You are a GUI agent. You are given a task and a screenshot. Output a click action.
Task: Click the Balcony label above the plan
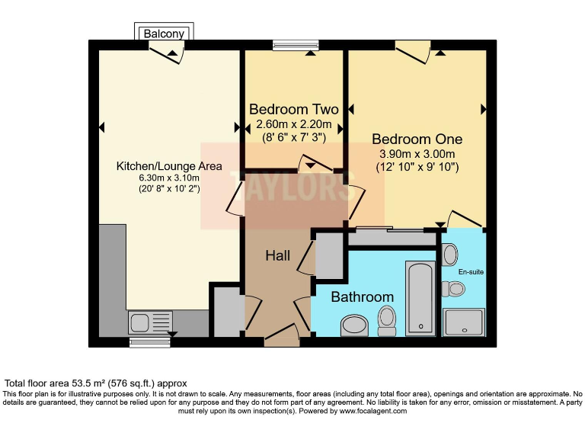pyautogui.click(x=164, y=34)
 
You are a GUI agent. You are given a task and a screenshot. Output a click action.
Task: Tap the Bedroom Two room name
pyautogui.click(x=293, y=109)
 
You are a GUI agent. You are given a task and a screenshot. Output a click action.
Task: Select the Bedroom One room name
pyautogui.click(x=417, y=139)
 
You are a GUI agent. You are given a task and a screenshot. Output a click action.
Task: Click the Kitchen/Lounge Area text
pyautogui.click(x=168, y=166)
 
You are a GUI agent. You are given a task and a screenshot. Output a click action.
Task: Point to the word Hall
pyautogui.click(x=277, y=256)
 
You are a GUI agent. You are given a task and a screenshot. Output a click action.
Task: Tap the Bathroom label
pyautogui.click(x=362, y=297)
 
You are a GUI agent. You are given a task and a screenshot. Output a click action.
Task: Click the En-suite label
pyautogui.click(x=470, y=271)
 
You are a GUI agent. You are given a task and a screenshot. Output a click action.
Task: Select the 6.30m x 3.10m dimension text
pyautogui.click(x=168, y=178)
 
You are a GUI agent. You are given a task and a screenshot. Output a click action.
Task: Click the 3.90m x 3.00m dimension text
pyautogui.click(x=417, y=153)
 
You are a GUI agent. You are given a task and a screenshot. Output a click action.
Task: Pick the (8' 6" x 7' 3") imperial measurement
pyautogui.click(x=293, y=137)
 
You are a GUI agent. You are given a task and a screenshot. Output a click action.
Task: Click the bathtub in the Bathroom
pyautogui.click(x=420, y=297)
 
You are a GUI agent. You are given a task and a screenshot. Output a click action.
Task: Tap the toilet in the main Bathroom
pyautogui.click(x=387, y=321)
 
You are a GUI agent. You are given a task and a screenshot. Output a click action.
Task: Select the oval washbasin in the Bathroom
pyautogui.click(x=354, y=325)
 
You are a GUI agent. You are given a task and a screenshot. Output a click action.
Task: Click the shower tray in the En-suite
pyautogui.click(x=463, y=322)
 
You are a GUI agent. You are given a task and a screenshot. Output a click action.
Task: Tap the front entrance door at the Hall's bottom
pyautogui.click(x=282, y=335)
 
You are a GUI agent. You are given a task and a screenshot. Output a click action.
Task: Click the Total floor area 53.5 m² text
pyautogui.click(x=96, y=383)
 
